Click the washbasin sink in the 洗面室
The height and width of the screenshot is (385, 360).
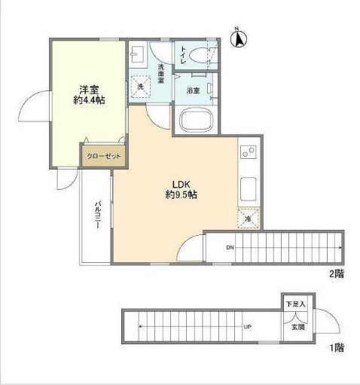139,55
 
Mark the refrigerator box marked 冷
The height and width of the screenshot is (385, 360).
249,218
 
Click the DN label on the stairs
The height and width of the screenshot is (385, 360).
230,246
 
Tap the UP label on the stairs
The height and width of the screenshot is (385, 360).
247,327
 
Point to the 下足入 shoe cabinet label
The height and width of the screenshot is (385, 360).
294,304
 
